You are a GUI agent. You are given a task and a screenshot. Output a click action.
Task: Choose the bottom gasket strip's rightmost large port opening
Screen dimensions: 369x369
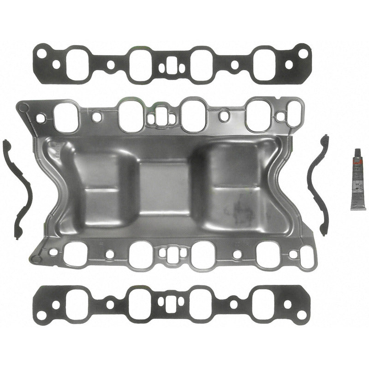264,303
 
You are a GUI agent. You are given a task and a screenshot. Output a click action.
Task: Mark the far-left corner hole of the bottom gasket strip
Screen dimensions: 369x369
42,315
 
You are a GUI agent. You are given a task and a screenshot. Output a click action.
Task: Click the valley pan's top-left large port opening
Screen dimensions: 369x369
65,116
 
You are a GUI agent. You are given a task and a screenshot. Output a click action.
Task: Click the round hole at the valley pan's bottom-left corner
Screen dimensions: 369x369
36,259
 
